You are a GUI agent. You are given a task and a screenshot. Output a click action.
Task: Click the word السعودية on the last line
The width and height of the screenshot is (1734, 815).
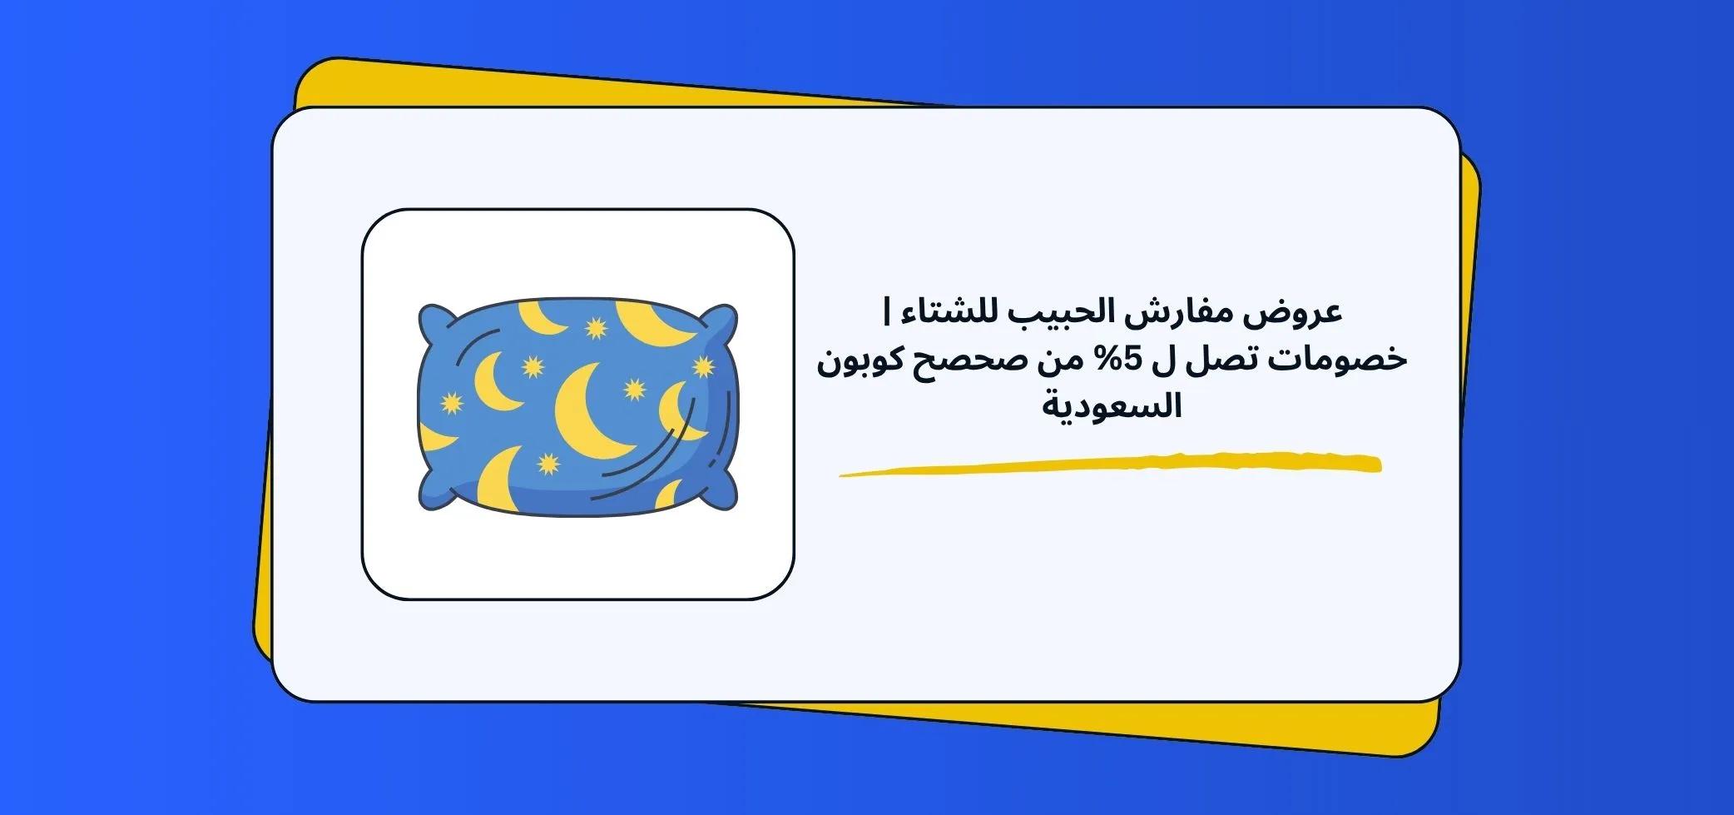[x=1112, y=407]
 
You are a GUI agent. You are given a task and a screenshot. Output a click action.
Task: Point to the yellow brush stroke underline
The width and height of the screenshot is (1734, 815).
[x=1111, y=465]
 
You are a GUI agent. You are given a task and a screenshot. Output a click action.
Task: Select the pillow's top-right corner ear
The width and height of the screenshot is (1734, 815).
[x=721, y=321]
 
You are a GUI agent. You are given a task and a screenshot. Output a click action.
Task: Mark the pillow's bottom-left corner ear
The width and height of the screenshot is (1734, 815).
[x=433, y=493]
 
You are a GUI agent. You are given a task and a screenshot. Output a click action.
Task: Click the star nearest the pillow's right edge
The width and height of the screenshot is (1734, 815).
[x=703, y=366]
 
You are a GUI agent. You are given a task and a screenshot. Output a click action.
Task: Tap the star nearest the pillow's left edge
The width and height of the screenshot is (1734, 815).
[x=451, y=403]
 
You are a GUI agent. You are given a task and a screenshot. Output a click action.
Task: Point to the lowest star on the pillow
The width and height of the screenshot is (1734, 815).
[x=548, y=463]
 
